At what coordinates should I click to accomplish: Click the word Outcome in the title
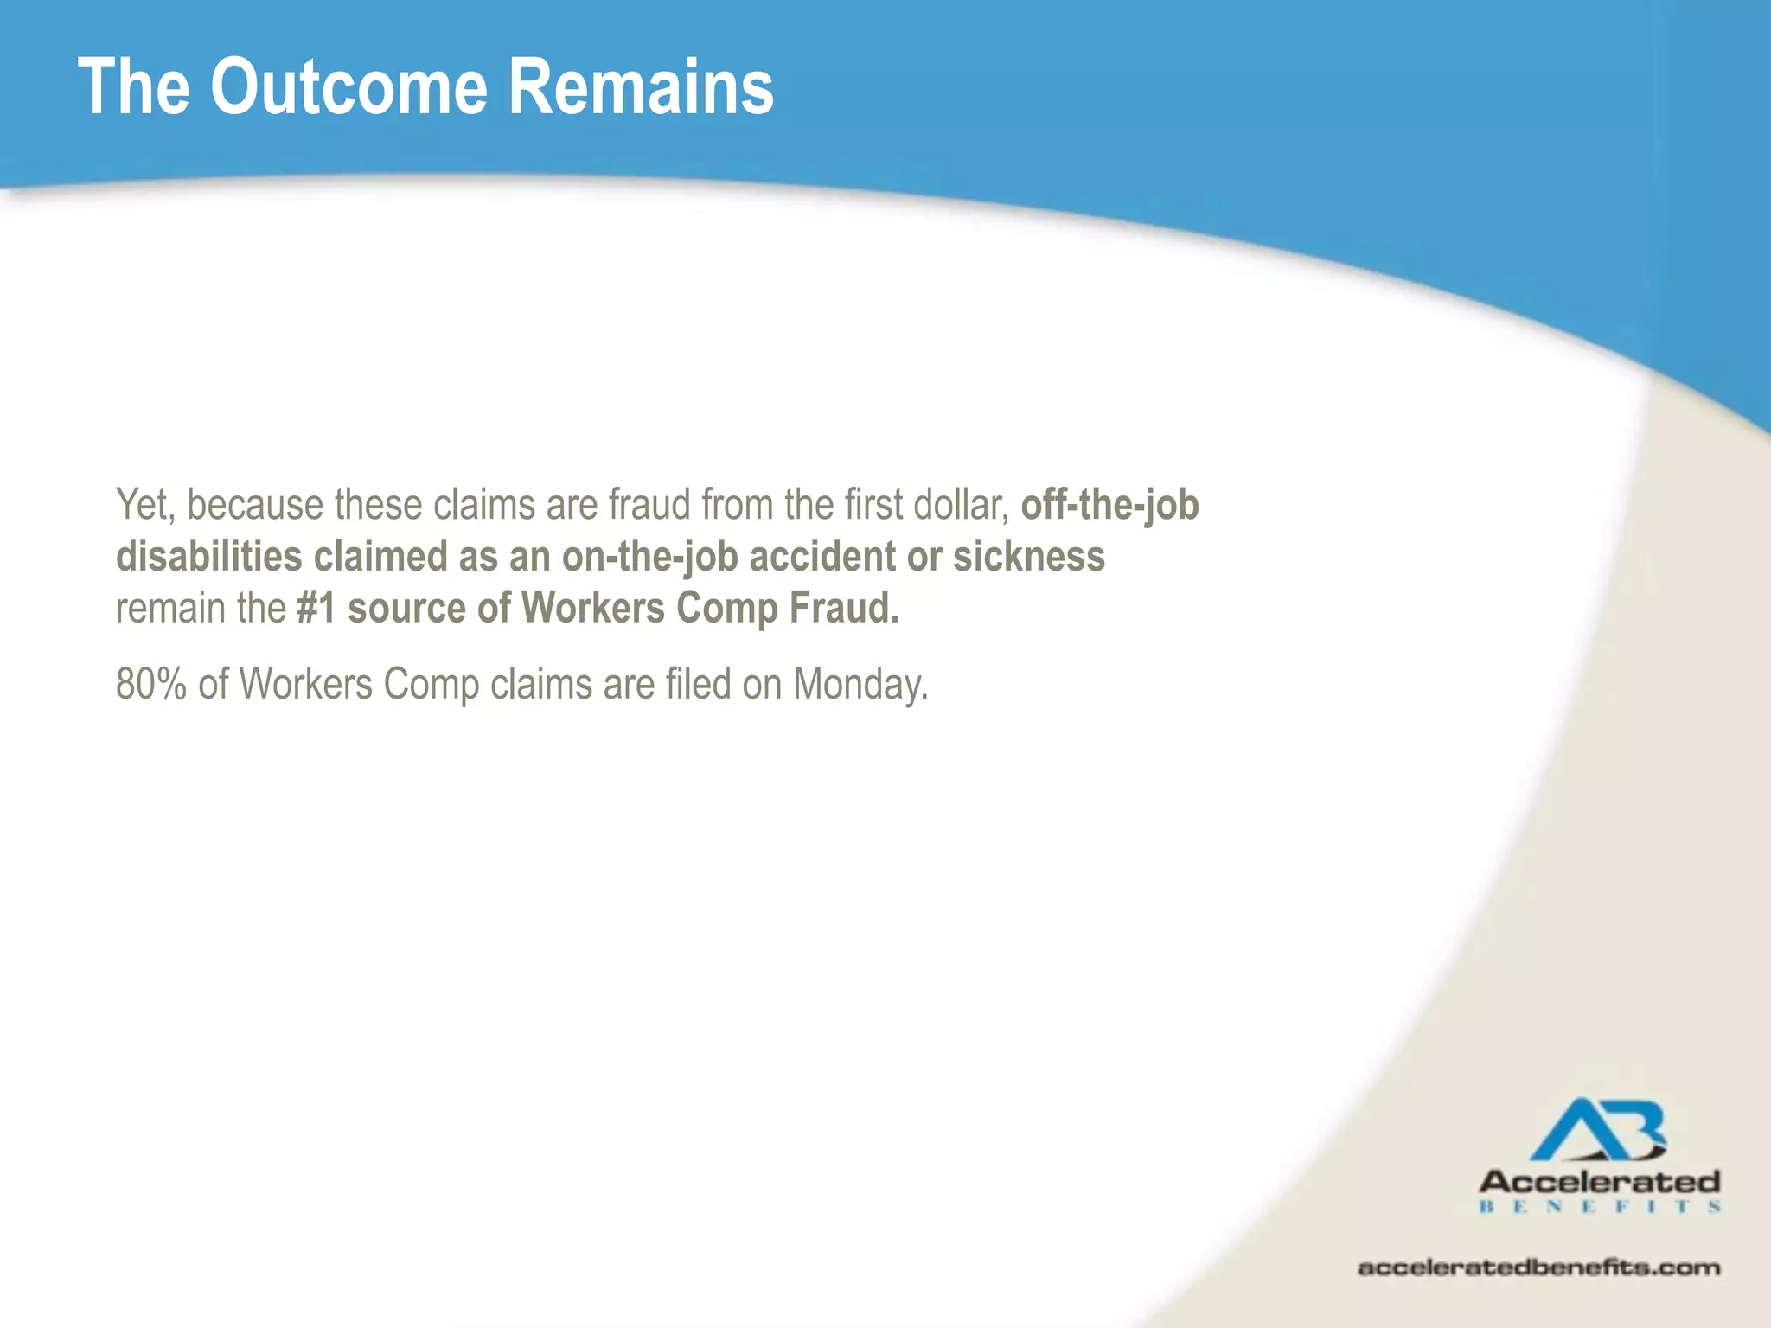point(348,86)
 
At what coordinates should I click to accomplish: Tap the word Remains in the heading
point(640,86)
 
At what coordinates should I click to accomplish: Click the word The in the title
point(134,86)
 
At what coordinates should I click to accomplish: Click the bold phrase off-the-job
point(1109,505)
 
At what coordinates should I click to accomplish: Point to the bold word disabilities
point(208,557)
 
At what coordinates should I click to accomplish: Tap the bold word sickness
point(1029,557)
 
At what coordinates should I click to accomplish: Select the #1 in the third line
point(316,608)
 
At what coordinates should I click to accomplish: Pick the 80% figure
point(150,684)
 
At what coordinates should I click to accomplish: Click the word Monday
point(860,684)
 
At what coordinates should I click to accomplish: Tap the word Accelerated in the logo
point(1600,1182)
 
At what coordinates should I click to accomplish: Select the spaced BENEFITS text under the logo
point(1600,1206)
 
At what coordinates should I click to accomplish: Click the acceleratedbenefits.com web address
point(1538,1267)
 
